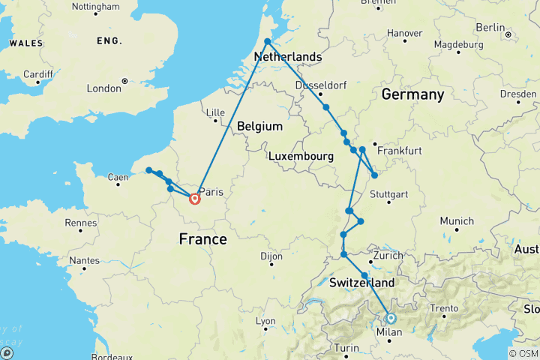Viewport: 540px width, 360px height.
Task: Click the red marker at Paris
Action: (x=195, y=199)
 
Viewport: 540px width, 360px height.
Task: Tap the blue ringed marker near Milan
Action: (x=390, y=318)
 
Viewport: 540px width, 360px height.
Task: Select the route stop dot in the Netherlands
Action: (x=268, y=42)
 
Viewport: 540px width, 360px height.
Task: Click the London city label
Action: (x=103, y=88)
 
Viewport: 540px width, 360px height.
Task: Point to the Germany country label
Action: (x=412, y=94)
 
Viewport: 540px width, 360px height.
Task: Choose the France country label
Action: (x=202, y=239)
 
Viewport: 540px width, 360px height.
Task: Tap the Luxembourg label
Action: (x=300, y=156)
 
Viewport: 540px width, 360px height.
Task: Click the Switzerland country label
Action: (x=361, y=283)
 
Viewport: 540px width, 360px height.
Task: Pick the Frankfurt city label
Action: (x=395, y=151)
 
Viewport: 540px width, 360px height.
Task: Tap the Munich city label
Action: (x=457, y=221)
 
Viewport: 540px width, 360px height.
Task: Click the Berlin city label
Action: (x=490, y=28)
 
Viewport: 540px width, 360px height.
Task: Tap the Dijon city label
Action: (x=271, y=256)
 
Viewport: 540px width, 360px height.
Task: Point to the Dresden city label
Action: (x=518, y=94)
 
